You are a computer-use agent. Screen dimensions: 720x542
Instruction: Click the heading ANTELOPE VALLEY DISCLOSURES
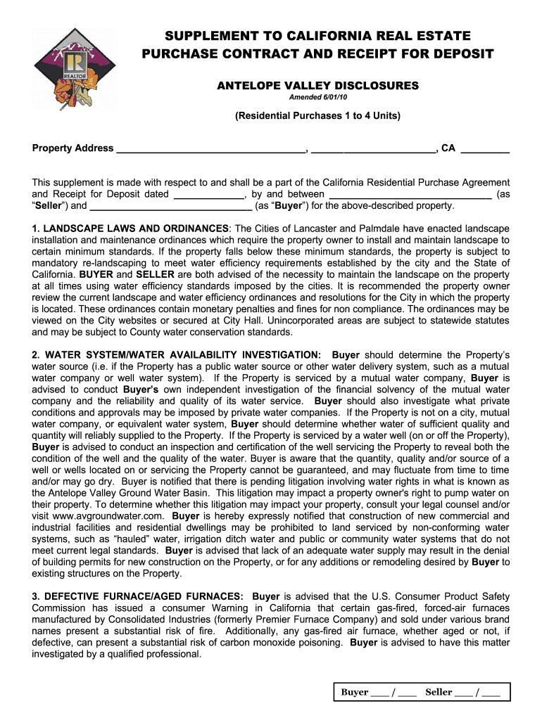[x=317, y=86]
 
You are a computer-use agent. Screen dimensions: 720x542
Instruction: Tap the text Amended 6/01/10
[x=317, y=98]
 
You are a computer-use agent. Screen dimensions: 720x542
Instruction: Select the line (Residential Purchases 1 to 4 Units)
[x=317, y=116]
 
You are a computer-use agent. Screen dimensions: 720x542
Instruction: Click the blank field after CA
[x=485, y=149]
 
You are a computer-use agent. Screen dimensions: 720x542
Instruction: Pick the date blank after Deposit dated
[x=208, y=195]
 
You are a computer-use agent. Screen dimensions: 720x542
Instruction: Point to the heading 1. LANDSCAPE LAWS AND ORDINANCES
[x=130, y=229]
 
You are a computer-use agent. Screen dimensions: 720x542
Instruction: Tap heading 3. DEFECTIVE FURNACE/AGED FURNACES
[x=138, y=597]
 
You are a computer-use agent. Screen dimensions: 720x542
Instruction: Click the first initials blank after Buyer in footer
[x=380, y=693]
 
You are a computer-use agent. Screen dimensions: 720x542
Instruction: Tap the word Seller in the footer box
[x=439, y=693]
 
